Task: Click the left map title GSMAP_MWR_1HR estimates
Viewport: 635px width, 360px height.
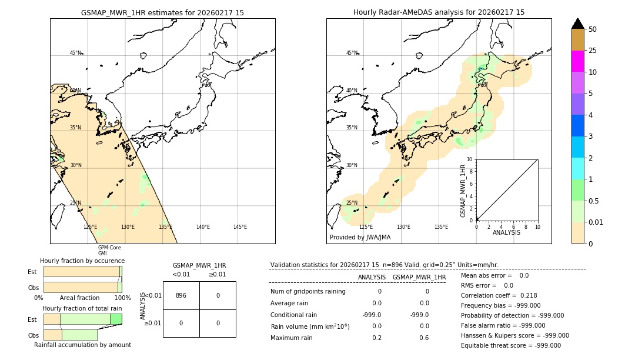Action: (162, 12)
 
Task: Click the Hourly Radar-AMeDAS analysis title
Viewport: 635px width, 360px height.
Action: (439, 12)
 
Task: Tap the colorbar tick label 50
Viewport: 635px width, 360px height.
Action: (593, 29)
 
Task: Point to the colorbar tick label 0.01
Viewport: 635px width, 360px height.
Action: (596, 222)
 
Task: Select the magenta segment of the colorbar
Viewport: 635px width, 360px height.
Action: (577, 61)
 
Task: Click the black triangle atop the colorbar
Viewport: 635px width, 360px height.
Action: (577, 24)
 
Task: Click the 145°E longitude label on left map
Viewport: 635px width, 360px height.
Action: (240, 227)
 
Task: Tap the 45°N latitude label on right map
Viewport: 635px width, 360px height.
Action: (352, 53)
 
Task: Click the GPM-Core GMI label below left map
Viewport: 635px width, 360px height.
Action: (109, 251)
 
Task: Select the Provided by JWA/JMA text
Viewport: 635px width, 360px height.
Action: (360, 238)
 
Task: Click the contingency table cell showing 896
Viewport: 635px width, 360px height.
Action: (181, 295)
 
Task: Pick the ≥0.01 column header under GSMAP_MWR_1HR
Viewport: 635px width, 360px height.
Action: (218, 274)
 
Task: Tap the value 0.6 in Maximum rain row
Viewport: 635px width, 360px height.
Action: (424, 338)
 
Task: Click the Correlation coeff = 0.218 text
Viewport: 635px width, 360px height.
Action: (499, 295)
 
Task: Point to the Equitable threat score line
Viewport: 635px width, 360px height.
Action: (510, 345)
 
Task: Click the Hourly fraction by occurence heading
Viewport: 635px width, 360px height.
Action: (82, 261)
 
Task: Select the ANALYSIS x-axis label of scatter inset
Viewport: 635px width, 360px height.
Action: (506, 232)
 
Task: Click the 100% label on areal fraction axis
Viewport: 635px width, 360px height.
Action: (122, 298)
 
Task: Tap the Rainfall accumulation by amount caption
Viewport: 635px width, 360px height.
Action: (82, 345)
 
